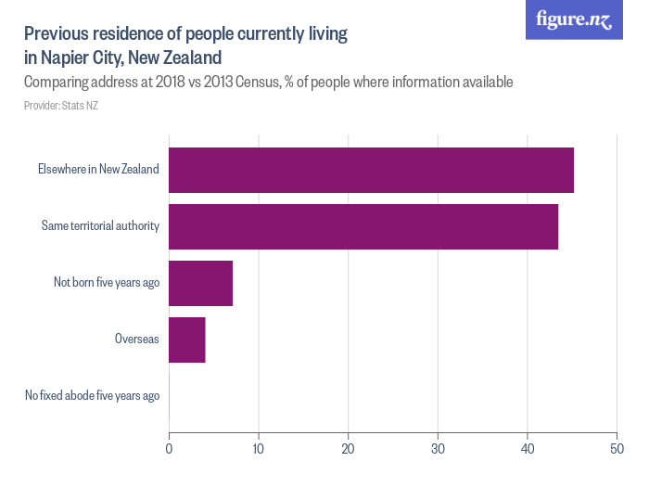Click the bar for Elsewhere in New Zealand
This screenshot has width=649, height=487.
click(x=371, y=171)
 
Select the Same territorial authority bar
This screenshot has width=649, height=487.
click(x=363, y=226)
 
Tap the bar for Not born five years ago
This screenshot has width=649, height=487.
click(x=200, y=283)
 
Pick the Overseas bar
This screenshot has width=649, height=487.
click(x=187, y=340)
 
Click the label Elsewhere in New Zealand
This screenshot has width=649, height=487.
click(x=98, y=170)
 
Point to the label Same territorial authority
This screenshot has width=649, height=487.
click(x=100, y=226)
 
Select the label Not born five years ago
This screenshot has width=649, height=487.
click(x=106, y=283)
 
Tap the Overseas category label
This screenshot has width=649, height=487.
click(x=136, y=340)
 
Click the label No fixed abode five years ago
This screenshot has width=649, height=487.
click(x=92, y=396)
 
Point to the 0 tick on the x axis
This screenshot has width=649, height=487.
click(x=169, y=450)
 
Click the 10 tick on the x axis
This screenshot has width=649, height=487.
click(x=259, y=450)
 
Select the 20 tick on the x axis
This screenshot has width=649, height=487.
click(x=348, y=450)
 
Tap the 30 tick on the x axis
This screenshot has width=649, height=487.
click(x=438, y=450)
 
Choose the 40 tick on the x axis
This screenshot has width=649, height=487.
click(x=527, y=450)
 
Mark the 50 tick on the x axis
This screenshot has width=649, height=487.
click(x=617, y=450)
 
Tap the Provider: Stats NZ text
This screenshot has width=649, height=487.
click(x=61, y=106)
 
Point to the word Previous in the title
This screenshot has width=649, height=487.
click(x=59, y=34)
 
